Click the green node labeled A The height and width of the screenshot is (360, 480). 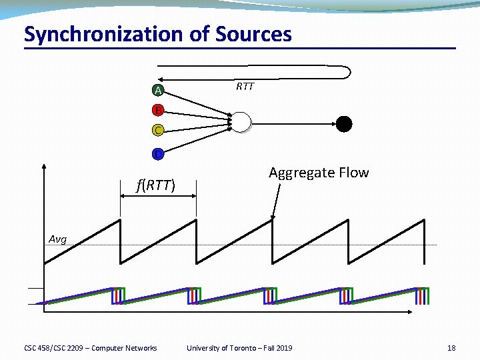tap(157, 91)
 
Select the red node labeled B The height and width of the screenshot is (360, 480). tap(157, 110)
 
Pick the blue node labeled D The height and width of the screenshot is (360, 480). tap(157, 155)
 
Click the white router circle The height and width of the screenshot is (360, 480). tap(241, 122)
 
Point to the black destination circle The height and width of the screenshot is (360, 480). tap(343, 123)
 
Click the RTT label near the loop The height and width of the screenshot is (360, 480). tap(245, 87)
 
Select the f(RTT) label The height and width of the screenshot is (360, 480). tap(155, 185)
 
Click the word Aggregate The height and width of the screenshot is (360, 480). tap(299, 173)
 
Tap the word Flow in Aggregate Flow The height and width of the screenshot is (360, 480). tap(352, 173)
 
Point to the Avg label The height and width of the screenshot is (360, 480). tap(58, 239)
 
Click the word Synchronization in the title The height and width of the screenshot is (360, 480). tap(103, 34)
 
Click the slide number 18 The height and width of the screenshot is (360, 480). tap(451, 348)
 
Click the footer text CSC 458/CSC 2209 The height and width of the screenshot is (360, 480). tap(53, 348)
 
